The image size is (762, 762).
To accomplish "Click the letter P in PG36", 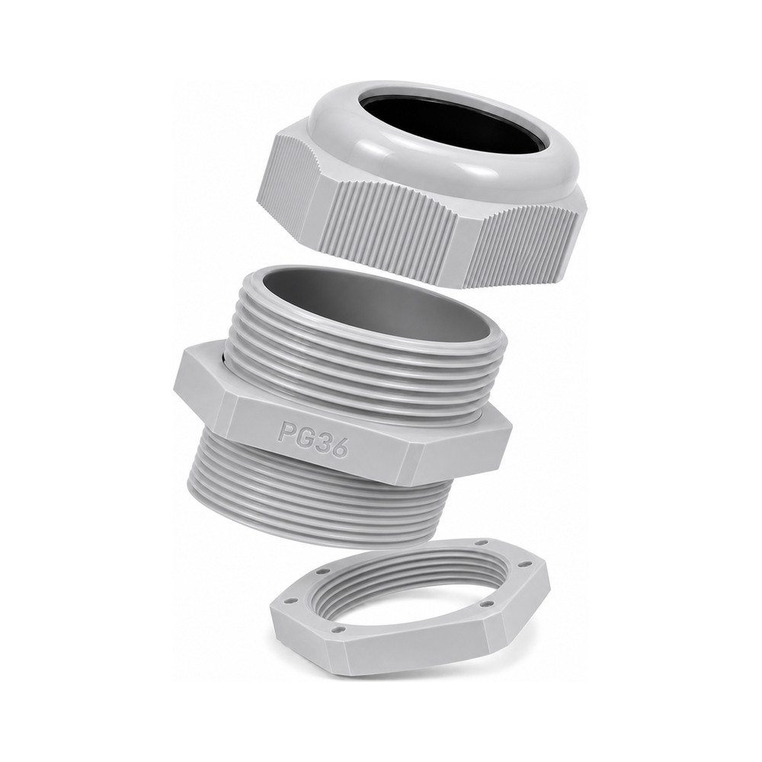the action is click(285, 431).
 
